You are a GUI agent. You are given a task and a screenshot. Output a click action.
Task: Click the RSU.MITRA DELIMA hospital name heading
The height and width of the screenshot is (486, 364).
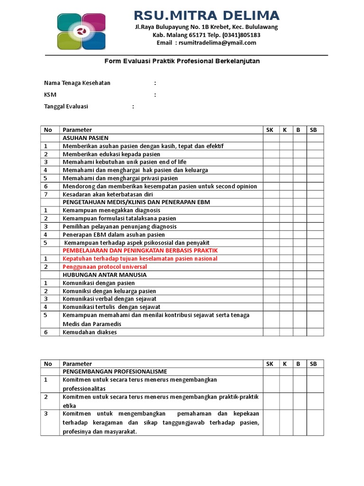[x=206, y=15]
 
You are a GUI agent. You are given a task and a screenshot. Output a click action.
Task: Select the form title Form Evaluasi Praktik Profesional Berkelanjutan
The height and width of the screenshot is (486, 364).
[x=182, y=61]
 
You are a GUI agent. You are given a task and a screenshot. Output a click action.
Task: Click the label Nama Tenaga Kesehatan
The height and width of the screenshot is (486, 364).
[x=77, y=83]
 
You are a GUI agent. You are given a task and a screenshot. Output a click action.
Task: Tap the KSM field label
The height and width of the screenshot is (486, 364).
[x=50, y=95]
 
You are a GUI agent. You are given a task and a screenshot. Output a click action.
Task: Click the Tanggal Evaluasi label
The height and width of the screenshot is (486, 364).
[x=66, y=107]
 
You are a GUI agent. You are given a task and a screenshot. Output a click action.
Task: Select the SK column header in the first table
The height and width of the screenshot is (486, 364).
[x=270, y=130]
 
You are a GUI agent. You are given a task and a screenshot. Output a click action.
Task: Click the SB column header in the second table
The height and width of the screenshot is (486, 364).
[x=313, y=364]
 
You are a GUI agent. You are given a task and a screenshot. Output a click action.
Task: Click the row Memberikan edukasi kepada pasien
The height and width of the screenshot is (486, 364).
[x=111, y=154]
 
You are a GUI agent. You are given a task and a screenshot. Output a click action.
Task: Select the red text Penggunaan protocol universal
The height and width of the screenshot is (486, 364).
[x=105, y=267]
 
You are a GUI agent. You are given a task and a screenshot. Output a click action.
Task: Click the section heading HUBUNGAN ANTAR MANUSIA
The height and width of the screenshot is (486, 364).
[x=105, y=275]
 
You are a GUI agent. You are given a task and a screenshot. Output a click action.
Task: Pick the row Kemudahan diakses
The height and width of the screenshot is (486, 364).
[x=90, y=332]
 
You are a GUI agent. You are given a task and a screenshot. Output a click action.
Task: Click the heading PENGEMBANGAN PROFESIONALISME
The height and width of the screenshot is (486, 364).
[x=115, y=372]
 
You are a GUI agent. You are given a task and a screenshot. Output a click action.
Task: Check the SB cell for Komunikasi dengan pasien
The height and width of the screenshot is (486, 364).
[x=313, y=283]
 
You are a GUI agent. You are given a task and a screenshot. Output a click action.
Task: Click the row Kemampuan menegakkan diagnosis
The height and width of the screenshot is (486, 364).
[x=111, y=210]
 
